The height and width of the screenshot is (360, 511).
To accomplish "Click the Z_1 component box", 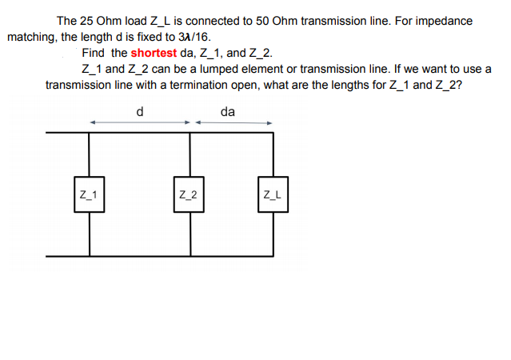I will (89, 194).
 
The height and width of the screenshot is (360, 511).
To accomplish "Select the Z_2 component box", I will (190, 194).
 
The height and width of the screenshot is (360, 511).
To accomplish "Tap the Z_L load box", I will (273, 194).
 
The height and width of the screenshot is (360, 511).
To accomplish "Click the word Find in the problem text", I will (94, 54).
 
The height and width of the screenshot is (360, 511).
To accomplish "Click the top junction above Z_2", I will (190, 134).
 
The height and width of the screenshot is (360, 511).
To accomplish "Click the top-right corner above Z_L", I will (273, 134).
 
